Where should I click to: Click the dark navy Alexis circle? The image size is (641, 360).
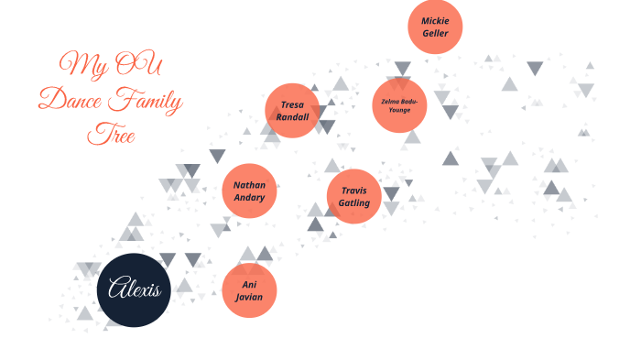pos(134,290)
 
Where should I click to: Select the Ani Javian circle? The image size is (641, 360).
pos(249,290)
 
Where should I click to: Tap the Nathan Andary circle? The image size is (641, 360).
pos(249,191)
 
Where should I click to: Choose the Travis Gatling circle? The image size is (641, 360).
pos(354,195)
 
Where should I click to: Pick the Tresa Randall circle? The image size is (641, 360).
pos(293,111)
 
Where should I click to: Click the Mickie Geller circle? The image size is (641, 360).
pos(435,27)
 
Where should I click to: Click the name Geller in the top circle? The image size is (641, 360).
pos(435,33)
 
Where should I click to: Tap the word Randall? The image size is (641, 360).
pos(293,117)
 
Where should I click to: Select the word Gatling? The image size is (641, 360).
pos(354,202)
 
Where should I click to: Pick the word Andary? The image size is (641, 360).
pos(249,198)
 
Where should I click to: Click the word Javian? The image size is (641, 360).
pos(249,297)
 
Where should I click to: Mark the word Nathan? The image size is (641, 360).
pos(249,184)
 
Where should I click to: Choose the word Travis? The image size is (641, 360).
pos(354,189)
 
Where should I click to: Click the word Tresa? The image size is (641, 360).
pos(293,104)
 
